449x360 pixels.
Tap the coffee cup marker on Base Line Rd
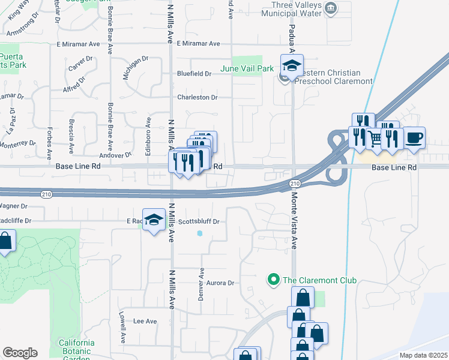click(414, 137)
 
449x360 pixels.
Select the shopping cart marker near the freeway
click(376, 140)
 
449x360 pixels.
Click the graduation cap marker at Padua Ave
click(292, 66)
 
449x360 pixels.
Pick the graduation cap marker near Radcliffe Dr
click(154, 220)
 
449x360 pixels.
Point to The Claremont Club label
click(320, 280)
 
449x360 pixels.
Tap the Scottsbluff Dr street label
click(199, 221)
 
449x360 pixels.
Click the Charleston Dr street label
click(196, 97)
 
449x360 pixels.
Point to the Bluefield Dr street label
click(194, 74)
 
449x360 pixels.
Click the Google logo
click(20, 353)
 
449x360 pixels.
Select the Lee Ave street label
click(145, 322)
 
